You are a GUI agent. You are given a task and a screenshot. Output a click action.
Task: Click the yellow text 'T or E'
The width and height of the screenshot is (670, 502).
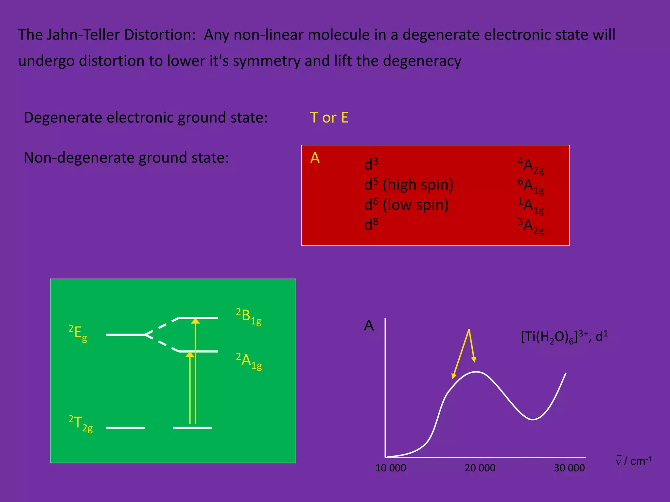pyautogui.click(x=329, y=118)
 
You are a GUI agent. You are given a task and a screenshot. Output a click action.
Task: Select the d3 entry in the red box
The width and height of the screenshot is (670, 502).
pyautogui.click(x=371, y=164)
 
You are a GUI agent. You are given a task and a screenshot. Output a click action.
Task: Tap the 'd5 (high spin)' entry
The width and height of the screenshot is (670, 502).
pyautogui.click(x=409, y=185)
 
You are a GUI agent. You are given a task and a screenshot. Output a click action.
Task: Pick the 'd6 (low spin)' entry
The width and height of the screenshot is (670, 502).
pyautogui.click(x=406, y=205)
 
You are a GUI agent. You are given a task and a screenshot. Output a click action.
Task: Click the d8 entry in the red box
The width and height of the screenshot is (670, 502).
pyautogui.click(x=371, y=225)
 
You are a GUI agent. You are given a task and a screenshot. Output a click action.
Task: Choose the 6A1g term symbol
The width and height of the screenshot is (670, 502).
pyautogui.click(x=531, y=186)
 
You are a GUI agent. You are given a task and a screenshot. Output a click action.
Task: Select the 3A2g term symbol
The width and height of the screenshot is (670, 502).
pyautogui.click(x=531, y=226)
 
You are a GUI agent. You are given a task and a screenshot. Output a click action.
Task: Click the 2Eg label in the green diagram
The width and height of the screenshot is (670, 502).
pyautogui.click(x=78, y=333)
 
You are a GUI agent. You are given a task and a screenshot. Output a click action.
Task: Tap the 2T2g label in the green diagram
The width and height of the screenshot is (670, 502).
pyautogui.click(x=80, y=423)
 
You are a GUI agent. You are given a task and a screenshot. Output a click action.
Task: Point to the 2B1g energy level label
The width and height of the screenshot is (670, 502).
pyautogui.click(x=249, y=316)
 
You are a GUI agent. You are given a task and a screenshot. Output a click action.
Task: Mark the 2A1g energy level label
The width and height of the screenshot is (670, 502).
pyautogui.click(x=249, y=361)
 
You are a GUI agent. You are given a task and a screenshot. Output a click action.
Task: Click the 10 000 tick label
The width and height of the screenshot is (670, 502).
pyautogui.click(x=391, y=468)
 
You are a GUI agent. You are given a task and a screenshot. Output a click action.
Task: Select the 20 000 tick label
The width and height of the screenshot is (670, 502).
pyautogui.click(x=480, y=468)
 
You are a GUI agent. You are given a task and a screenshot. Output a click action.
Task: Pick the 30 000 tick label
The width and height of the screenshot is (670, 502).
pyautogui.click(x=569, y=468)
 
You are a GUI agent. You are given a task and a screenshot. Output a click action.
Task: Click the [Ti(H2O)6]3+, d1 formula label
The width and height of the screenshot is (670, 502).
pyautogui.click(x=564, y=337)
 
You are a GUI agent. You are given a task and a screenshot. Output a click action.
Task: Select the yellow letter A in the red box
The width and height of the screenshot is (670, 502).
pyautogui.click(x=315, y=158)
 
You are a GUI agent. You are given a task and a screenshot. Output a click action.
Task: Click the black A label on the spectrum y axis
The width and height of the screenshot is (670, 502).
pyautogui.click(x=369, y=326)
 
